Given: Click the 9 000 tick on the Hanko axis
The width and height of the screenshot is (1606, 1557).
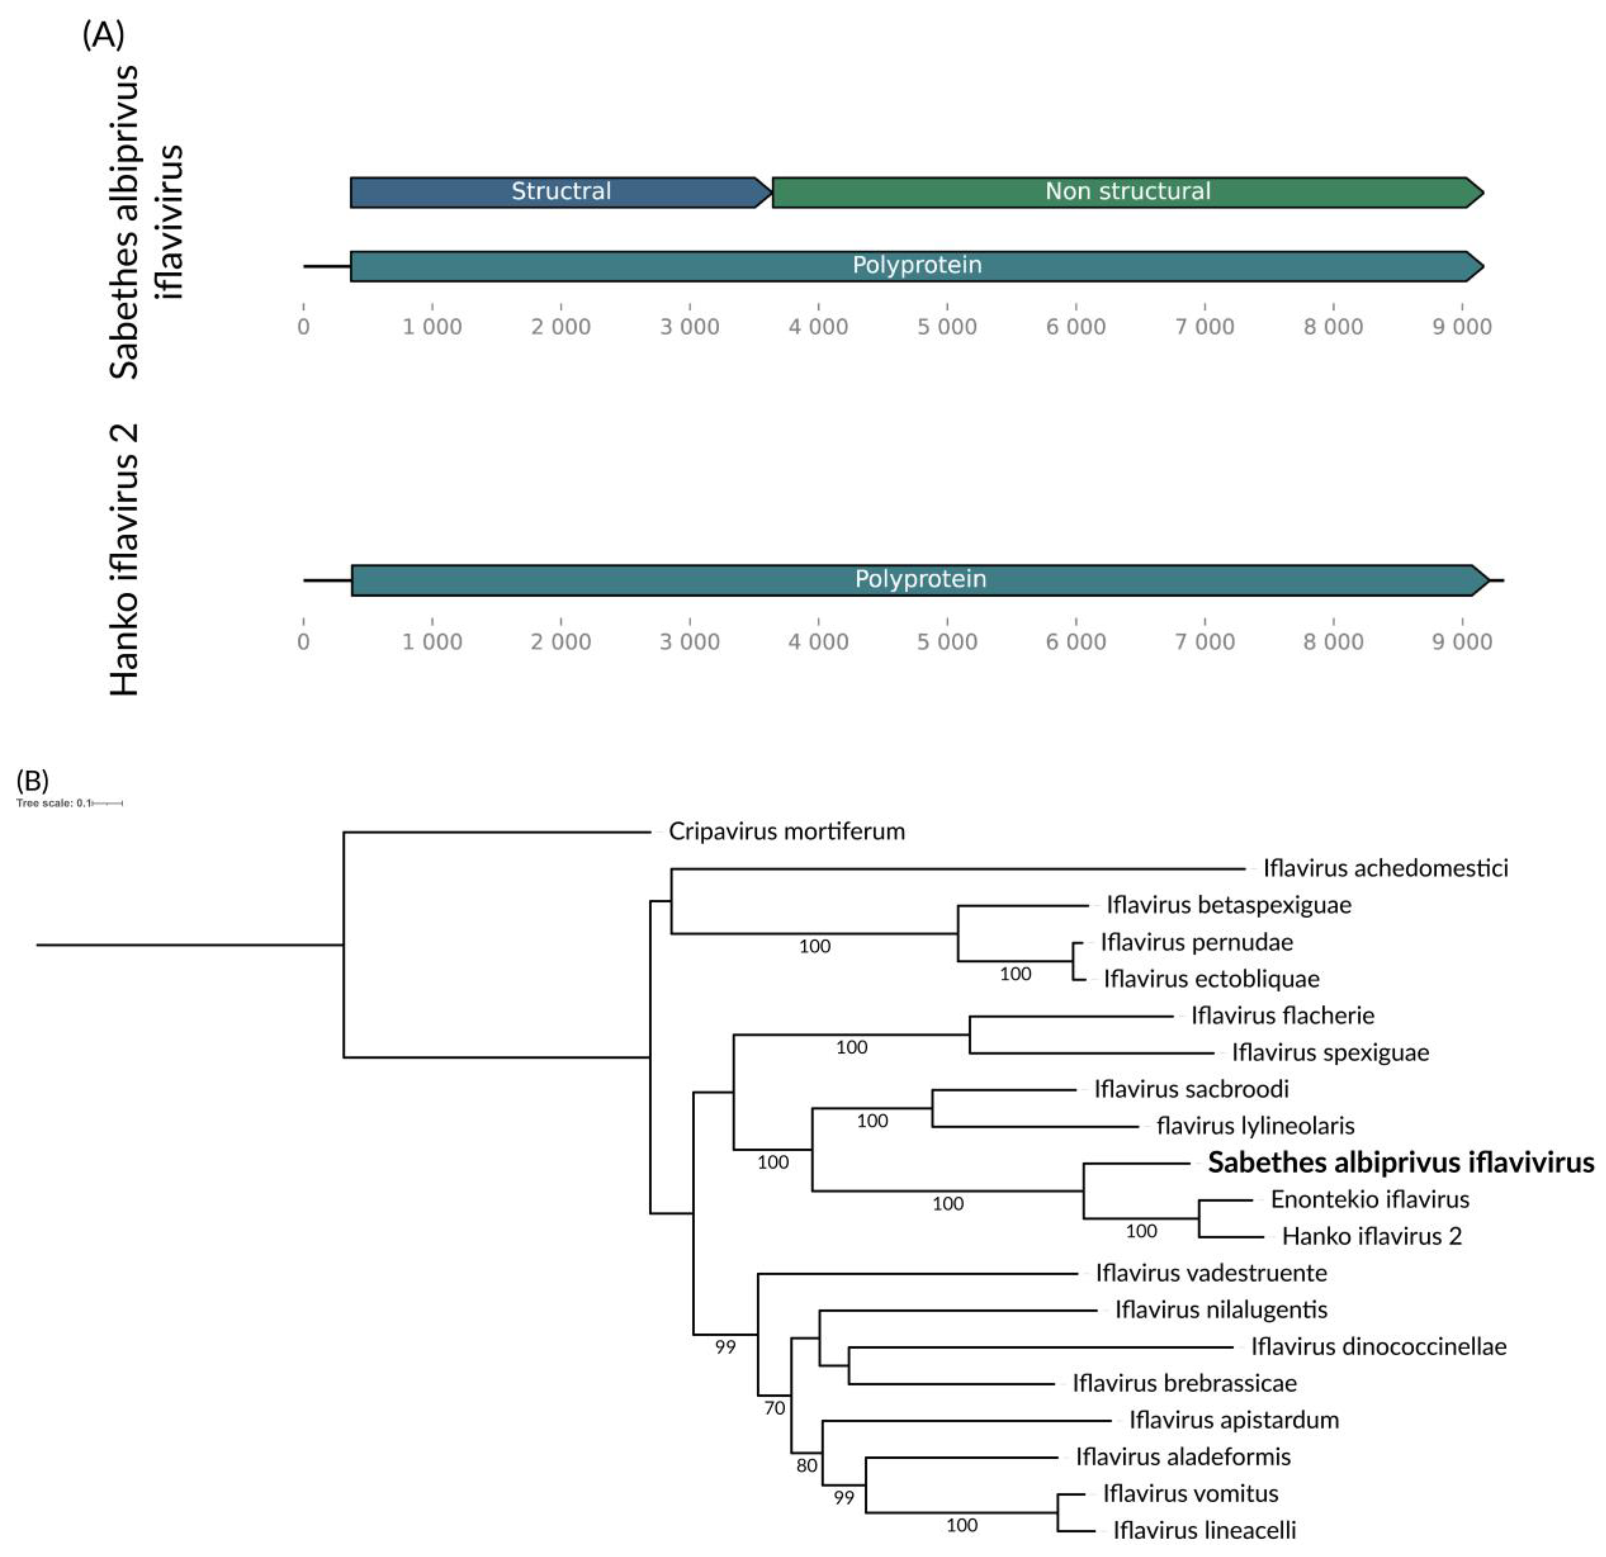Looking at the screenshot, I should [x=1462, y=641].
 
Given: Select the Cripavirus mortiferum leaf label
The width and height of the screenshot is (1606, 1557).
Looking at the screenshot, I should [x=787, y=831].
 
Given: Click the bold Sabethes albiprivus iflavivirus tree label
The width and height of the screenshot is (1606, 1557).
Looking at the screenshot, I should [x=1401, y=1162].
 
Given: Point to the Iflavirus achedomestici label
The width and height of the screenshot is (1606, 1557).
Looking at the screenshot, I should [x=1385, y=868].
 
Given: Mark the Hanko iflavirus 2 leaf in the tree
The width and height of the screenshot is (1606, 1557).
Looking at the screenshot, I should [x=1372, y=1236].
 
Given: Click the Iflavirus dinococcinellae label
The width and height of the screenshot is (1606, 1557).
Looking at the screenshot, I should [x=1378, y=1346].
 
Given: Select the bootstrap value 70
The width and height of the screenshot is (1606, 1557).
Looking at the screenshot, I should [x=774, y=1408].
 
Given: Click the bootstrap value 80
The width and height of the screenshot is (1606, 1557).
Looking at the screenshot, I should [x=807, y=1465].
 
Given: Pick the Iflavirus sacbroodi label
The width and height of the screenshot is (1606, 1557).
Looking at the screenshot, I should [x=1191, y=1089].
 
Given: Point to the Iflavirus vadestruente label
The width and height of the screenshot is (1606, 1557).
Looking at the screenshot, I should [x=1211, y=1273].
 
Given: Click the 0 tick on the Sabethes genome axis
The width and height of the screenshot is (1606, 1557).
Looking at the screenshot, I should [x=304, y=327].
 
